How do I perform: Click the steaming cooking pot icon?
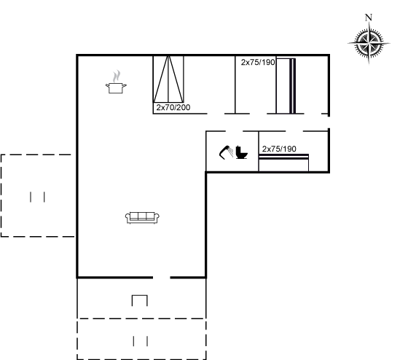[x=116, y=82]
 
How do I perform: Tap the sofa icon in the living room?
[x=142, y=218]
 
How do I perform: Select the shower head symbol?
[x=227, y=152]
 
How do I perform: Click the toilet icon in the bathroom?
[x=241, y=152]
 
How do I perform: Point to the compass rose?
[x=369, y=42]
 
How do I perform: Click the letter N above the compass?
[x=369, y=17]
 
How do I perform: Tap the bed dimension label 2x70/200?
[x=173, y=107]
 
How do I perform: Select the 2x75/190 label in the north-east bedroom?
[x=258, y=62]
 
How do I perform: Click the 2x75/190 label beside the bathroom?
[x=279, y=149]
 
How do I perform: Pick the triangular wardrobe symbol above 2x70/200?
[x=168, y=79]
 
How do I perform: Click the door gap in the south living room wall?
[x=161, y=278]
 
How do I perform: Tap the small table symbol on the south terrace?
[x=139, y=296]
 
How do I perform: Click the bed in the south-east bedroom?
[x=283, y=163]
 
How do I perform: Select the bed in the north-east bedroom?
[x=286, y=86]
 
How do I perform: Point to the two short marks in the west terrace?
[x=37, y=197]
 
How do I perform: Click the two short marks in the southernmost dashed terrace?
[x=141, y=341]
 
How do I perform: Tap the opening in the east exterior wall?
[x=329, y=122]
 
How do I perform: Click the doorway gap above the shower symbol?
[x=234, y=131]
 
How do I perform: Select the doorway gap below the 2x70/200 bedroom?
[x=216, y=114]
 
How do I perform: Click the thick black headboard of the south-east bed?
[x=283, y=156]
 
